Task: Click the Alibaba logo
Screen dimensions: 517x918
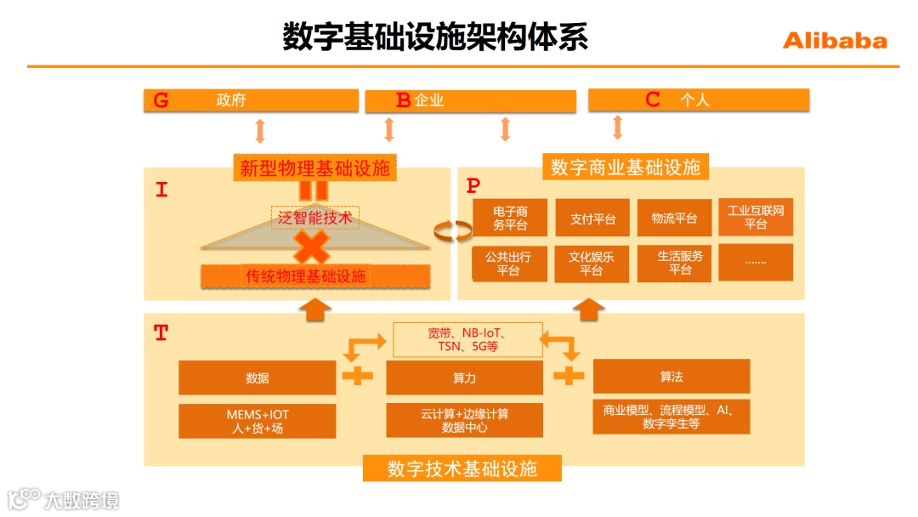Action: pos(834,41)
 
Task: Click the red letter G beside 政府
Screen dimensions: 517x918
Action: pos(161,100)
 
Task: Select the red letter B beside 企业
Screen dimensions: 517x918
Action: pos(403,100)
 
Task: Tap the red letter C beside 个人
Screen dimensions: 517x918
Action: pos(653,99)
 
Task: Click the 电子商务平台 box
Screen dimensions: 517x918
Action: pos(510,219)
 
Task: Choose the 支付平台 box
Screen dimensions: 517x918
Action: pos(592,219)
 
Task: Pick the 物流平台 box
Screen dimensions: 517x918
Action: pos(674,219)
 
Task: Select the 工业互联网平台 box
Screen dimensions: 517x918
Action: pos(756,218)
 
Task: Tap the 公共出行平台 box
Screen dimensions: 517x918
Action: pos(508,263)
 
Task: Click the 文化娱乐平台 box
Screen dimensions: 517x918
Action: pos(592,263)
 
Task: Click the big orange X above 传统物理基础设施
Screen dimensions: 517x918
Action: pos(312,247)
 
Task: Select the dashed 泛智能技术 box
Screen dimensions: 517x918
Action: pos(315,218)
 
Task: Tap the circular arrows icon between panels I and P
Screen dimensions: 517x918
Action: pos(452,230)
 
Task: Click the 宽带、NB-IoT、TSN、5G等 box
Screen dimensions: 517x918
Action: pos(467,339)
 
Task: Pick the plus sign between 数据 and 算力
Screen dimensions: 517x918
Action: pos(357,376)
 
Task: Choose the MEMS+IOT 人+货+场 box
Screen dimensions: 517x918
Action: pos(258,421)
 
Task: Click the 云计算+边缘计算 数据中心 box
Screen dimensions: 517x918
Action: pos(464,420)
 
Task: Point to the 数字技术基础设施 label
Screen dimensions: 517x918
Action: pos(462,469)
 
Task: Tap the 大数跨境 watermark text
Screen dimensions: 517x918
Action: pos(82,499)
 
